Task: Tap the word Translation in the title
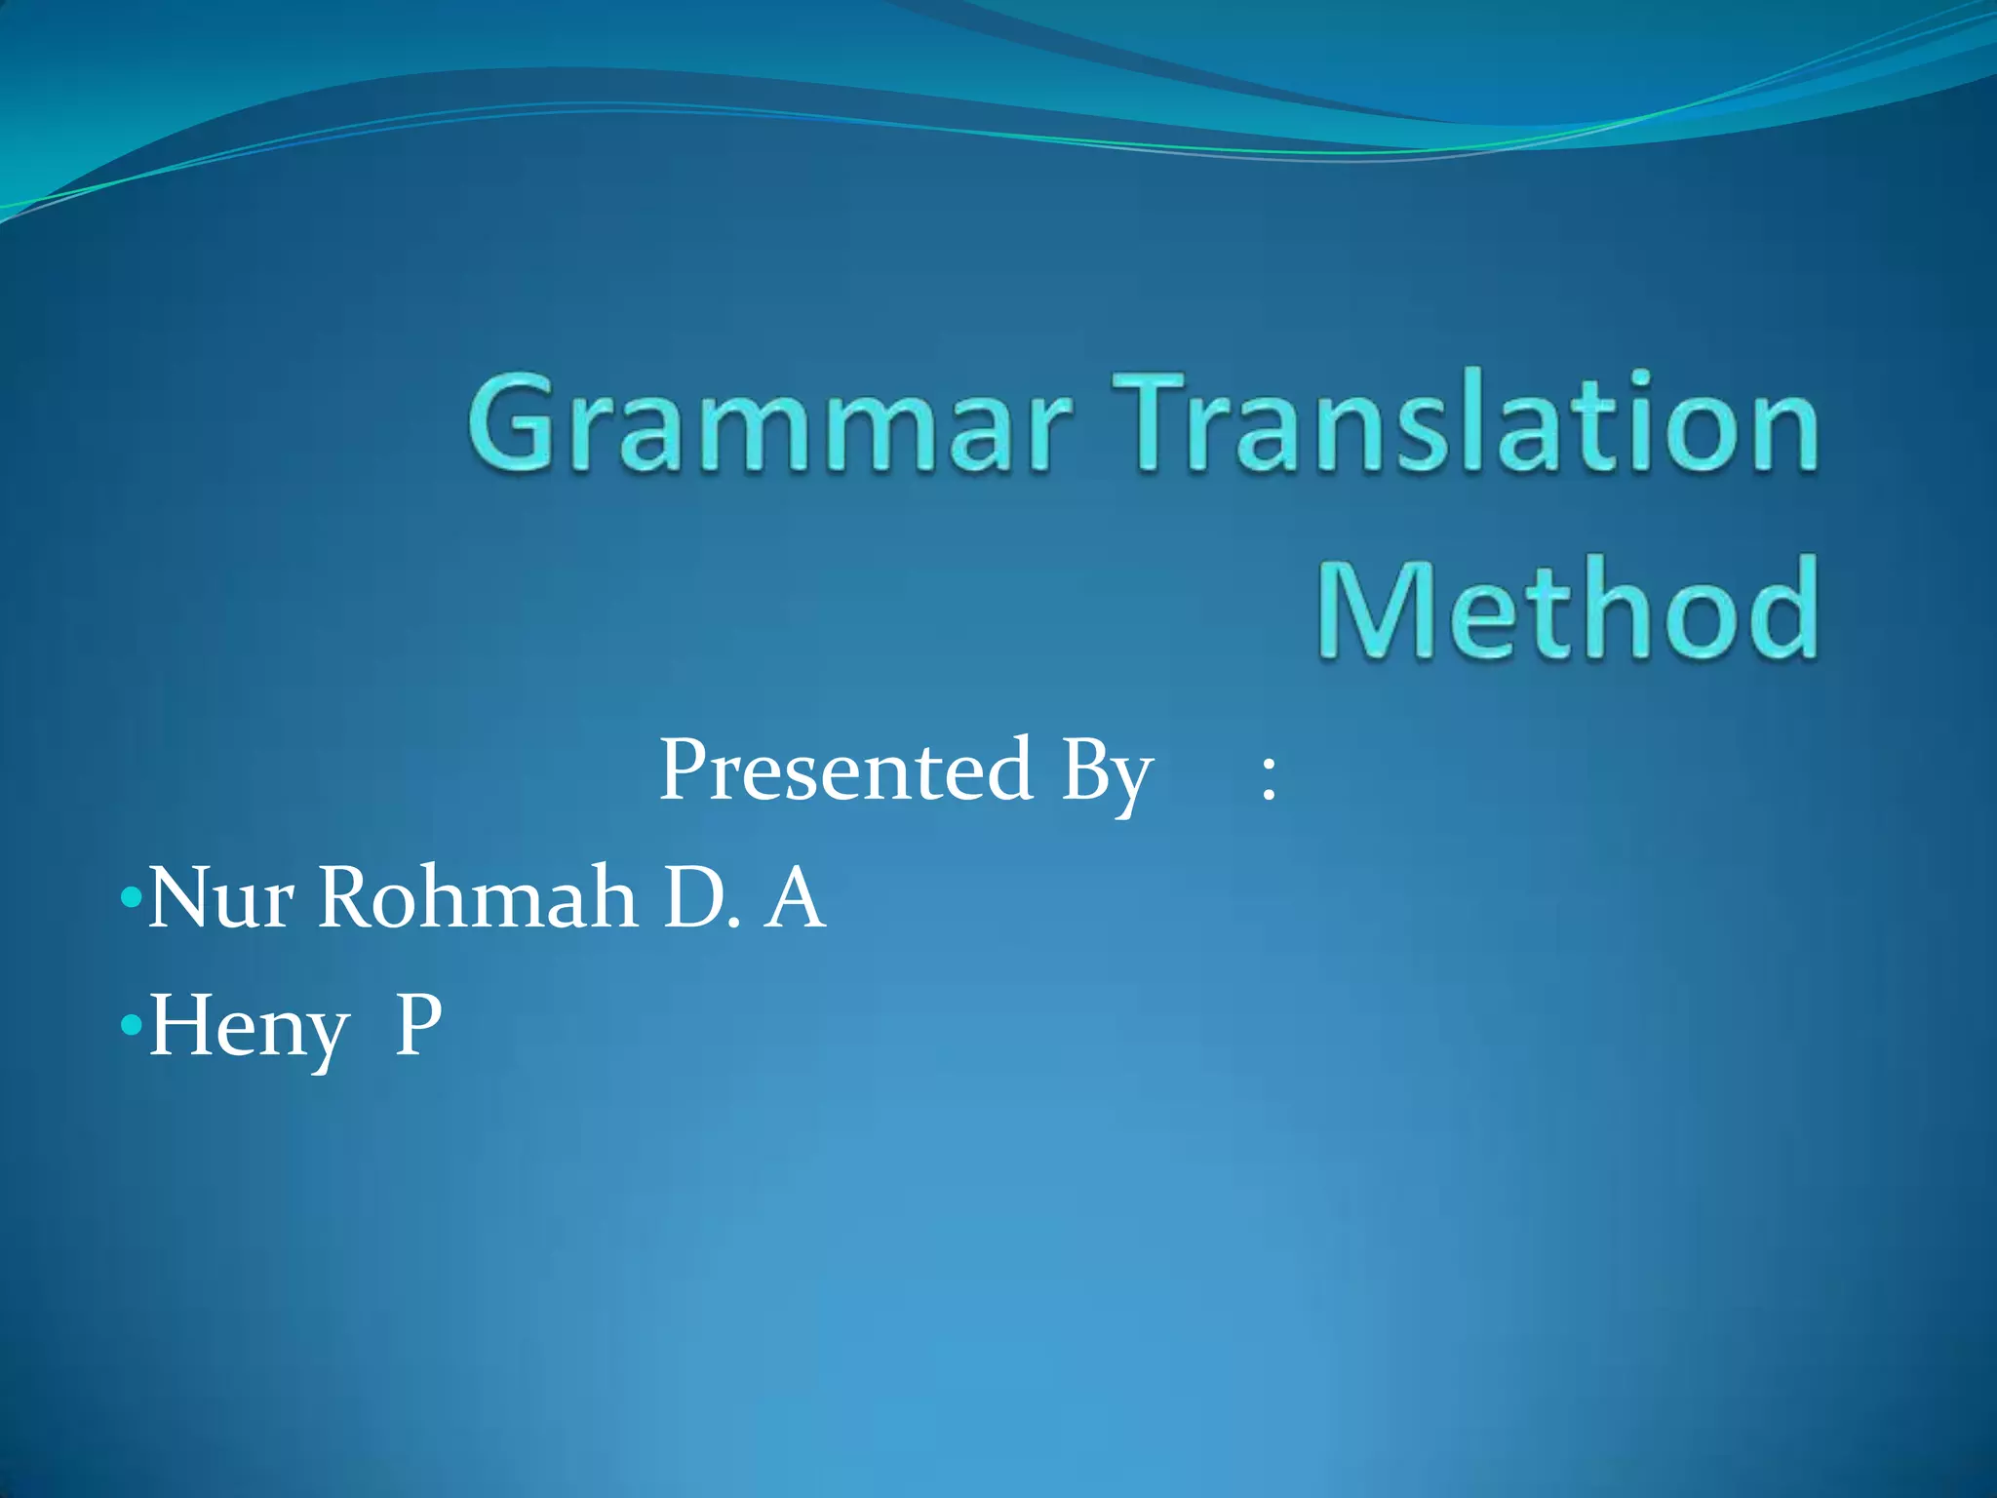point(1463,424)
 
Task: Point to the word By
point(1107,775)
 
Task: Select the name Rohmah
point(478,897)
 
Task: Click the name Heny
point(249,1029)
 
